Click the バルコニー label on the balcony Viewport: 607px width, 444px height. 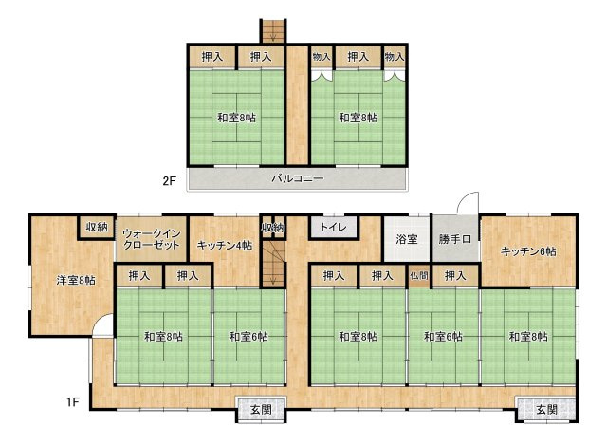pos(297,178)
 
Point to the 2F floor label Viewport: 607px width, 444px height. pos(169,181)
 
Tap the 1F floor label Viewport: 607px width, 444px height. pos(72,402)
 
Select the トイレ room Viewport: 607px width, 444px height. pos(333,228)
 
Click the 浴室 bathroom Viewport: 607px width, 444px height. pos(407,239)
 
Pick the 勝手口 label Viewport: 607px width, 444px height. pos(455,239)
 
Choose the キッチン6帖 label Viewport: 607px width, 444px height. pos(528,251)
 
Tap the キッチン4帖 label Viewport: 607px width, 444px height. pos(225,246)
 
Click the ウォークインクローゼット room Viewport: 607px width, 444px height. pos(152,239)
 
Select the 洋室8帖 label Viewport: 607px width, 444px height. pos(76,280)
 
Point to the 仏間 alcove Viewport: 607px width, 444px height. pos(419,276)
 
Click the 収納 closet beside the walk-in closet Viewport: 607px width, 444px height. pos(97,227)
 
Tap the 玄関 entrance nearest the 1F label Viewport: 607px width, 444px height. pos(262,410)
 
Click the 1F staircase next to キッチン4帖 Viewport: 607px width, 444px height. pos(273,263)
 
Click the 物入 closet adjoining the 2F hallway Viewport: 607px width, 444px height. pos(322,57)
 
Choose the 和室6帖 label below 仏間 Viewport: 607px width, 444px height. pos(443,337)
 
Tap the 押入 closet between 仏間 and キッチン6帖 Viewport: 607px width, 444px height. pos(455,276)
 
